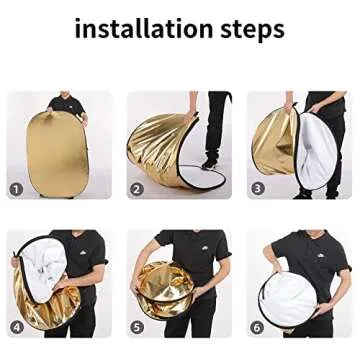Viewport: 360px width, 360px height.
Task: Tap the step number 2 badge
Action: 137,188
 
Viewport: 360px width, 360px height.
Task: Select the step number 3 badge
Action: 257,188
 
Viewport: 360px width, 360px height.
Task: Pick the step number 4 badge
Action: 17,326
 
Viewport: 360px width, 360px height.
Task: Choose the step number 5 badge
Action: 137,326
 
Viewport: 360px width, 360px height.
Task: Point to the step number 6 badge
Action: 257,326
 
